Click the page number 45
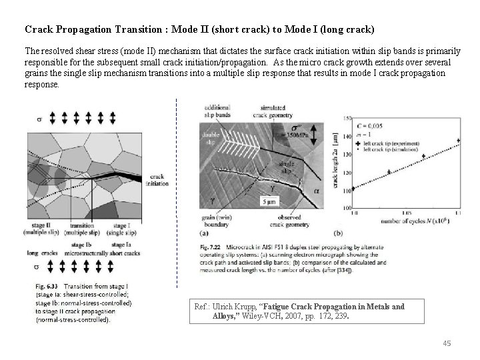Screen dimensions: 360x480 point(447,343)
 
